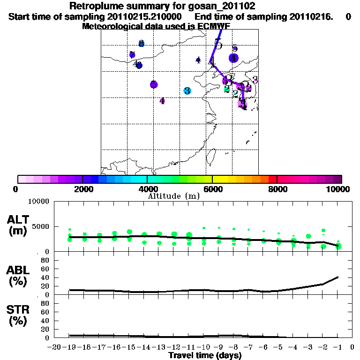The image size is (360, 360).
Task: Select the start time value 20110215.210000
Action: point(152,16)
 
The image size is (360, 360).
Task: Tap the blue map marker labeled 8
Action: point(141,44)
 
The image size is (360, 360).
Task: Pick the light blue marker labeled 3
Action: point(187,91)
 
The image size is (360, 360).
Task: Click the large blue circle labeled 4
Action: point(233,58)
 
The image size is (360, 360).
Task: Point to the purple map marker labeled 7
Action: point(132,55)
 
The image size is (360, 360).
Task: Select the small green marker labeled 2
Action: point(227,89)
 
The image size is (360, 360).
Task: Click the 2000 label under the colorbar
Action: point(82,189)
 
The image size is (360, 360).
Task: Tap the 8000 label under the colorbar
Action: point(277,189)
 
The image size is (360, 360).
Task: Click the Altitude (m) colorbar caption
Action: point(173,196)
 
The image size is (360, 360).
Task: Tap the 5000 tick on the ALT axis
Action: point(41,227)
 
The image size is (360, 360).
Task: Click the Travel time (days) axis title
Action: point(205,356)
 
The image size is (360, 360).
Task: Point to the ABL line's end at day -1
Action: point(338,277)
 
